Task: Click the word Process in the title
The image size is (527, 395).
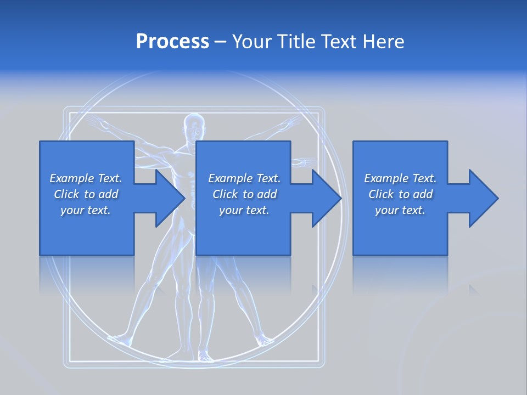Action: (172, 42)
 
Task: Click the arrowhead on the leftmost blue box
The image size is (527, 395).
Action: (170, 198)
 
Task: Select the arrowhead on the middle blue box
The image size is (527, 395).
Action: (327, 198)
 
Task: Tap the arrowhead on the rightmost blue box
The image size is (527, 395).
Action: (483, 198)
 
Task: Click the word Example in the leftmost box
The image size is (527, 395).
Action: (72, 178)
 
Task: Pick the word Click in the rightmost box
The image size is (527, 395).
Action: (381, 194)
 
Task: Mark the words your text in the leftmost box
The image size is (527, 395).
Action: (86, 210)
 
